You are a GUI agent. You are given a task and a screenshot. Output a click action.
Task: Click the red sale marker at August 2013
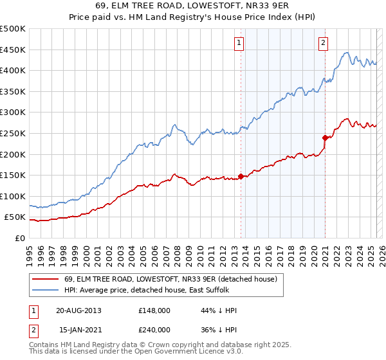pos(241,176)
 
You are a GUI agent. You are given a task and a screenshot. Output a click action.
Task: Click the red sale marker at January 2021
pos(325,137)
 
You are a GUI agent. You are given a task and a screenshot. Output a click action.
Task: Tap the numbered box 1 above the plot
pos(239,43)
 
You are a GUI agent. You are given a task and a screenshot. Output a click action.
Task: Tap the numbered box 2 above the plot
pos(323,43)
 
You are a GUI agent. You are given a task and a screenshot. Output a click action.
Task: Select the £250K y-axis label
pos(13,133)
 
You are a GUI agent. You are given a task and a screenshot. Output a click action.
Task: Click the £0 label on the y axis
pos(19,238)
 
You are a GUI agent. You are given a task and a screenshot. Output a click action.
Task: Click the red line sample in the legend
pos(46,280)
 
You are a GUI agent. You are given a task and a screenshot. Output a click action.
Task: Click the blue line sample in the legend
pos(46,291)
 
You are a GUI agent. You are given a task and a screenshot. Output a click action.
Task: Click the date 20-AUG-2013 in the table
pos(78,310)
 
